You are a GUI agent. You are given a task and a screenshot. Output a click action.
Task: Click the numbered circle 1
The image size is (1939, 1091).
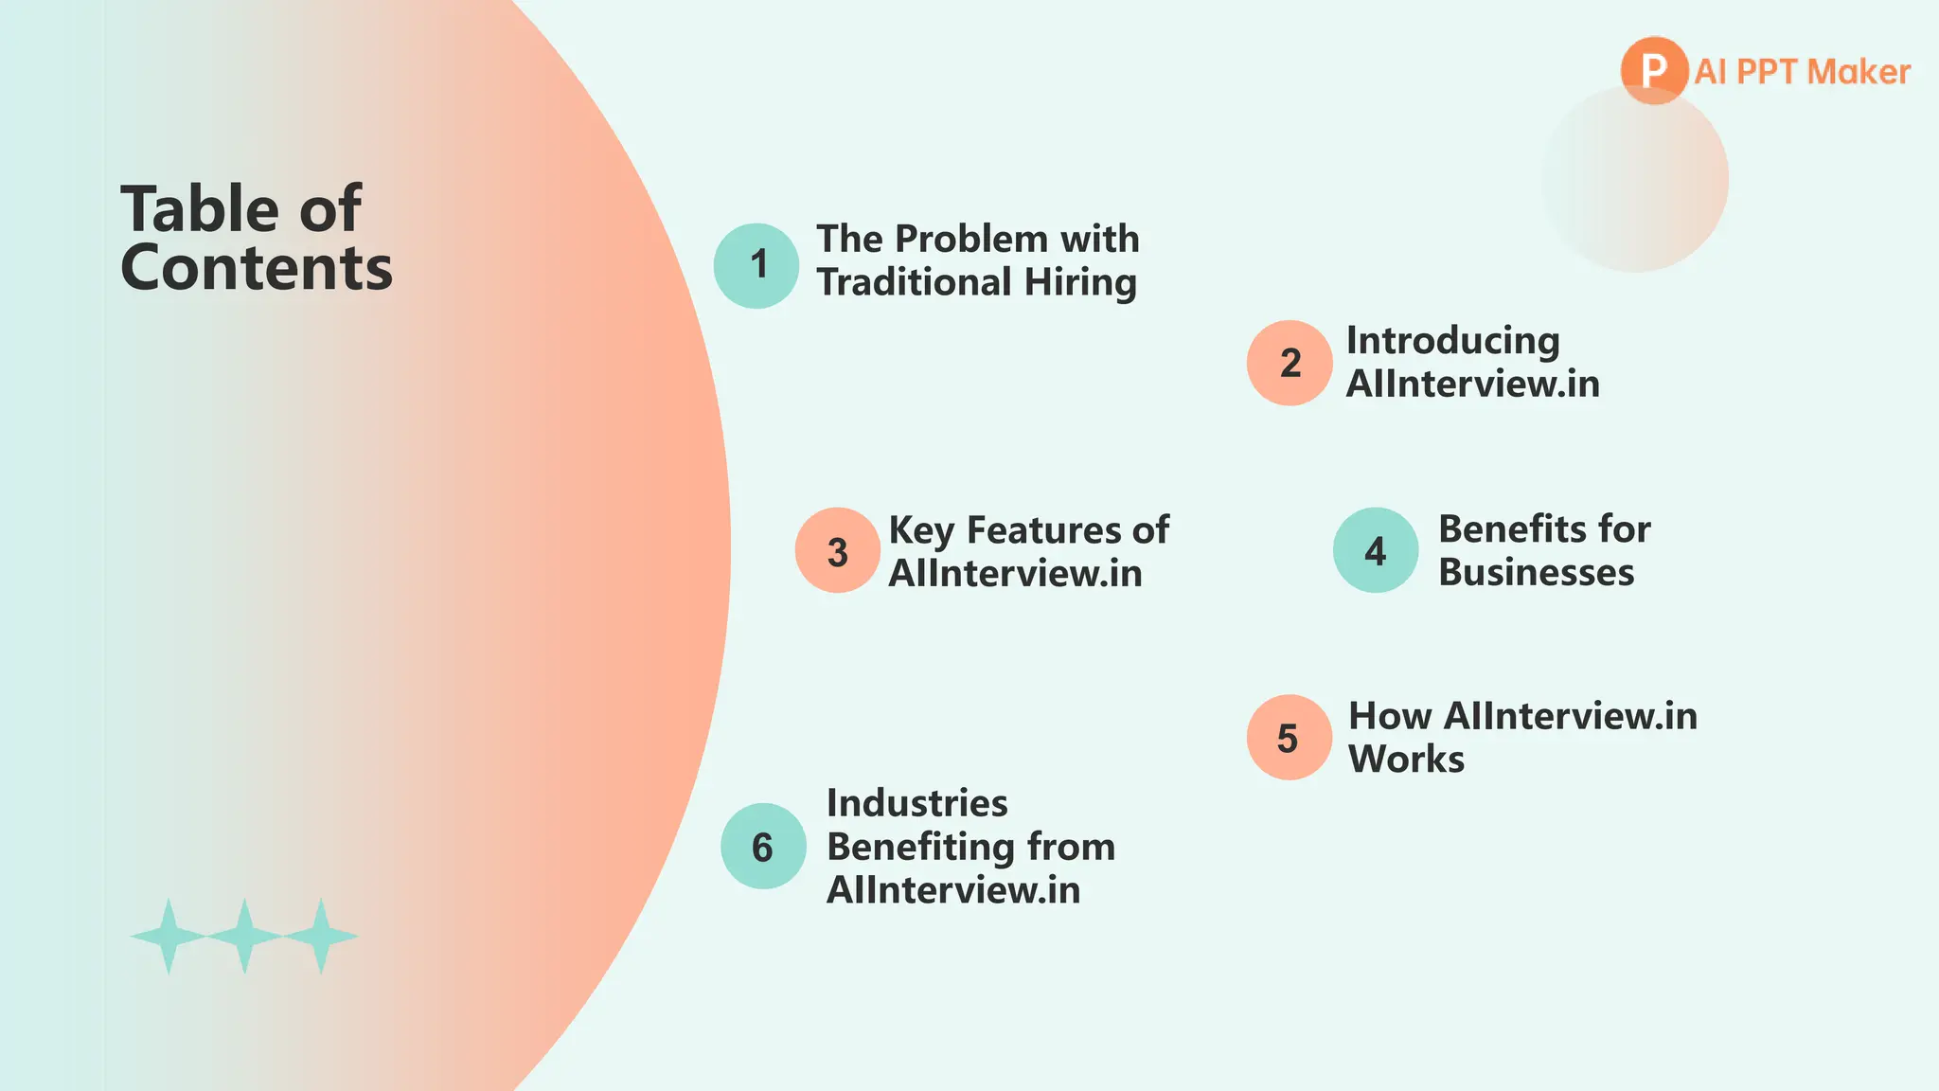point(756,265)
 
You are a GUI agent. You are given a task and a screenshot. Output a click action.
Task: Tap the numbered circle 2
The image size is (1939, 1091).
point(1290,363)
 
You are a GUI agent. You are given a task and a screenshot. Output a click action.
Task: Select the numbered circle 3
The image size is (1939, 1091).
point(837,550)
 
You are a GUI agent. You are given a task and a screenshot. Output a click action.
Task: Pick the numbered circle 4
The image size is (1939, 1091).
point(1375,550)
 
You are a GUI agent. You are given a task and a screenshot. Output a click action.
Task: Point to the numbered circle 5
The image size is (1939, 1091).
point(1289,738)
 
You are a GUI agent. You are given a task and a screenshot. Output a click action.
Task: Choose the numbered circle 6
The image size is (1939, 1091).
point(763,846)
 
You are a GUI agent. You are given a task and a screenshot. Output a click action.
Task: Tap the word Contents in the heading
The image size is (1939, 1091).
point(257,268)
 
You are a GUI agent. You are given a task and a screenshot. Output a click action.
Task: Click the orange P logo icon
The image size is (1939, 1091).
point(1653,70)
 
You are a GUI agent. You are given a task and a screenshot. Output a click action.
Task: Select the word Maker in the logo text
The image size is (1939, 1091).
point(1859,72)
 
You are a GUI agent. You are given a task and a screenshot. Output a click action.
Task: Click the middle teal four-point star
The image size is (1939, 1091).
point(244,936)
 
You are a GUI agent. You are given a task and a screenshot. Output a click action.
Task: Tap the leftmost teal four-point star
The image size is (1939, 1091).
point(169,936)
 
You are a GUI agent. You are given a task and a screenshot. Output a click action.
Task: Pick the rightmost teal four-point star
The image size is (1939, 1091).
point(321,936)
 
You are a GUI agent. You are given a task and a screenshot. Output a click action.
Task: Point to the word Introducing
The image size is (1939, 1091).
point(1452,341)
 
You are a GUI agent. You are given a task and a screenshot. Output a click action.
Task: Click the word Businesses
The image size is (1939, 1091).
point(1536,573)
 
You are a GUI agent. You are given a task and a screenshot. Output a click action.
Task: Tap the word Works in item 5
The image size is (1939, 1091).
point(1406,760)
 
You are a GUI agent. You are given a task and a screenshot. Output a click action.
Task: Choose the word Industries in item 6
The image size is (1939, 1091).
point(916,803)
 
